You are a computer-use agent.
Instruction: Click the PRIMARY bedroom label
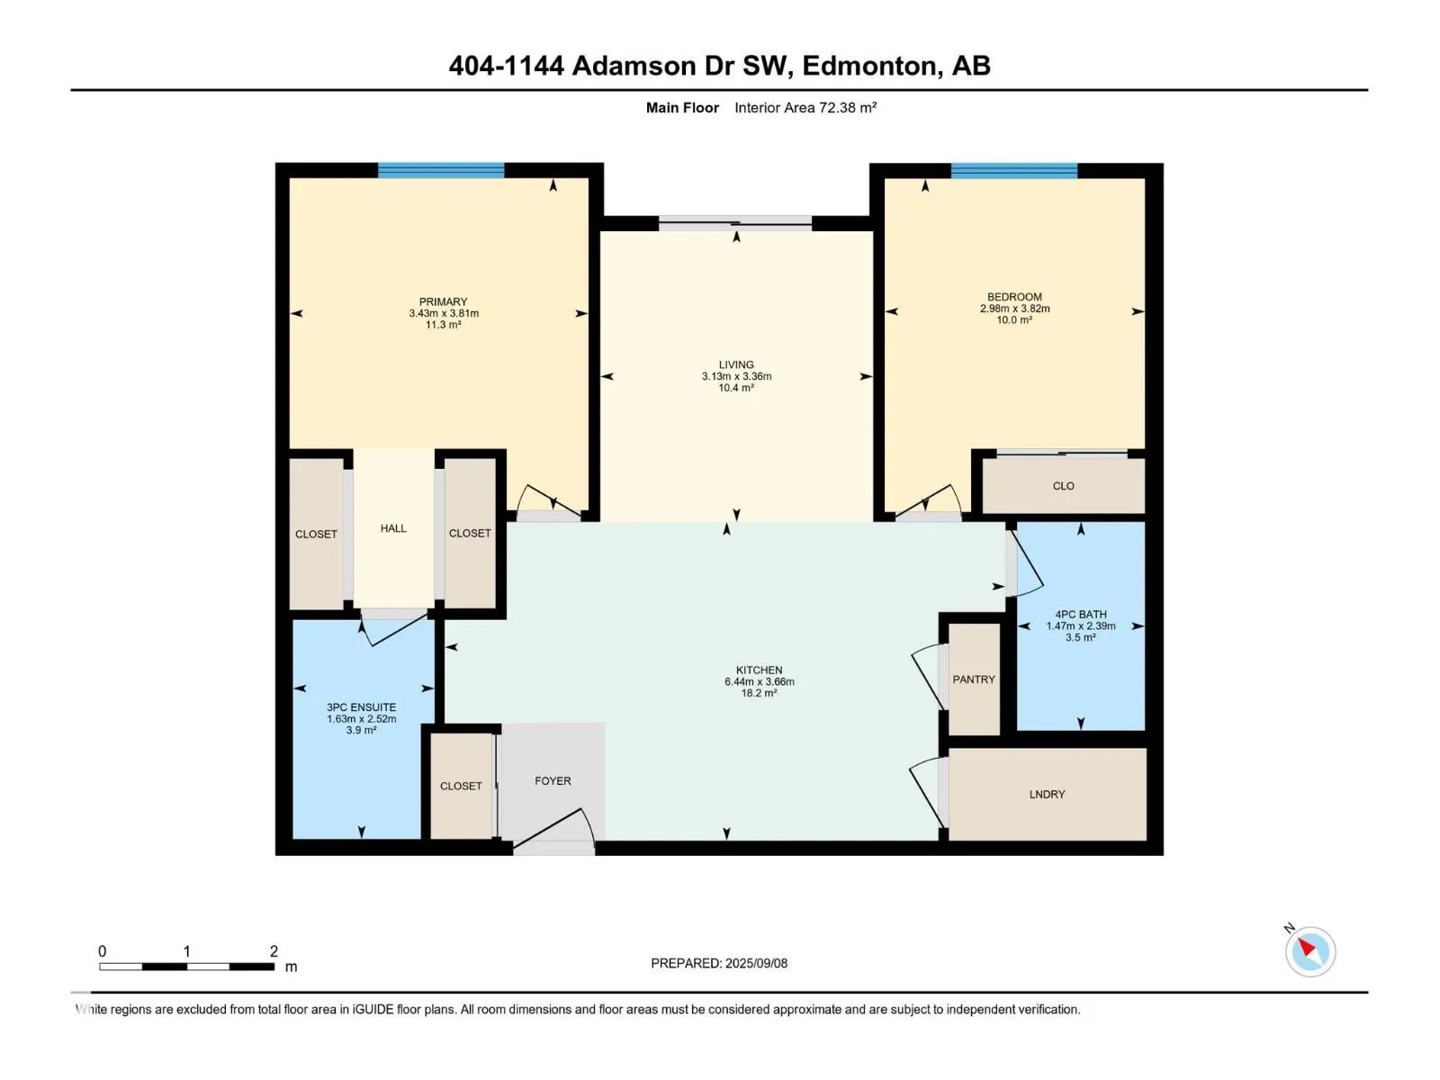tap(443, 301)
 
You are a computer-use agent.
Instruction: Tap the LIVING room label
tap(736, 364)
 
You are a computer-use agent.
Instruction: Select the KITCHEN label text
tap(759, 670)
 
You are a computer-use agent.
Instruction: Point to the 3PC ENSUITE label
tap(362, 706)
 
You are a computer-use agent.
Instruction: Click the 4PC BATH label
tap(1081, 615)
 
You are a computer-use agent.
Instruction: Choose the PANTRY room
tap(974, 679)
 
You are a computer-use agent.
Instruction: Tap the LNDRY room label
tap(1047, 794)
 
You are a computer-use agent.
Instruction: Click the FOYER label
tap(553, 781)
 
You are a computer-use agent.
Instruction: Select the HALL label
tap(393, 528)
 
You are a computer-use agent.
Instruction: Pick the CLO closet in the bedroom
tap(1064, 486)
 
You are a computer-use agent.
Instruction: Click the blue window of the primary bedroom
tap(441, 170)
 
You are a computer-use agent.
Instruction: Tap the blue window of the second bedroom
tap(1014, 170)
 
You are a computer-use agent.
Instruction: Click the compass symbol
tap(1310, 951)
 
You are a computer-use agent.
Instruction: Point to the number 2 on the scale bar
tap(274, 950)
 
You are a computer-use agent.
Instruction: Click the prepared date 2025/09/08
tap(756, 963)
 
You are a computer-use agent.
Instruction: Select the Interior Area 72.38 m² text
tap(805, 107)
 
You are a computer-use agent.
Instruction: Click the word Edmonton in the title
tap(869, 66)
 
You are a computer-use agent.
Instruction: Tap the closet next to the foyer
tap(461, 786)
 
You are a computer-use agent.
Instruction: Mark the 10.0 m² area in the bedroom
tap(1014, 320)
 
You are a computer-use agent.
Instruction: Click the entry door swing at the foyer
tap(555, 831)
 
